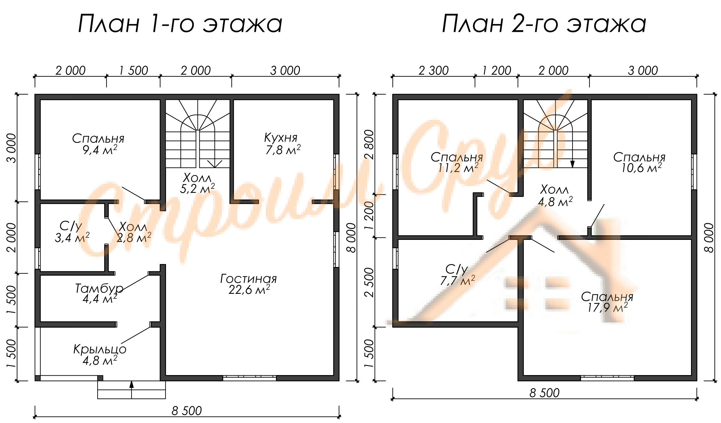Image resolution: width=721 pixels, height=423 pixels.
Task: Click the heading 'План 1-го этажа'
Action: pos(180,24)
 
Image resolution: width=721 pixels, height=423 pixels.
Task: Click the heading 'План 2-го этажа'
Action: pos(544,24)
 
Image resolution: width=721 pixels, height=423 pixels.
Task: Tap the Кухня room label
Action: pos(281,137)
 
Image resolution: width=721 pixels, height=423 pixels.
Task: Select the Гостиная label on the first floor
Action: pos(248,279)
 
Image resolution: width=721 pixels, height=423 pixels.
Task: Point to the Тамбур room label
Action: pos(99,288)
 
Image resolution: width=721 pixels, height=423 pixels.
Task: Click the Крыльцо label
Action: pos(100,349)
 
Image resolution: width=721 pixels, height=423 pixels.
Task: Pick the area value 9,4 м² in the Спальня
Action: pos(100,149)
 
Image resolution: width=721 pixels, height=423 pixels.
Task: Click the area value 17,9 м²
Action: pos(607,307)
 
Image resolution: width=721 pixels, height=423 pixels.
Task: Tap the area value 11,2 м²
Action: pos(459,167)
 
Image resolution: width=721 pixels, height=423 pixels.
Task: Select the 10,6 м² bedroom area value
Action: pos(641,167)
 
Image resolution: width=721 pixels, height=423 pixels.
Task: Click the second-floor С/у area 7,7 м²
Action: pos(457,280)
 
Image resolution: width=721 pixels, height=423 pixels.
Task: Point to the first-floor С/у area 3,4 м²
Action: pos(72,237)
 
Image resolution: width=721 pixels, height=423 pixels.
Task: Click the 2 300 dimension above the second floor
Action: pos(434,71)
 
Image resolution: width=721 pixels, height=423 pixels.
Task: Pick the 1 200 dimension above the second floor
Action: pos(497,71)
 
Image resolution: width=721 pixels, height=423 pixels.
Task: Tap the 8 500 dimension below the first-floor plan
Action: pos(187,411)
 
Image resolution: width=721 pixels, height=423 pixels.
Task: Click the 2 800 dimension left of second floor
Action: pos(369,145)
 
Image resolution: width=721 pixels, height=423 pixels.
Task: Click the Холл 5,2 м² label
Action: pos(198,183)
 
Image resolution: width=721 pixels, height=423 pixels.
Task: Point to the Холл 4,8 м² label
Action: pos(555,196)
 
